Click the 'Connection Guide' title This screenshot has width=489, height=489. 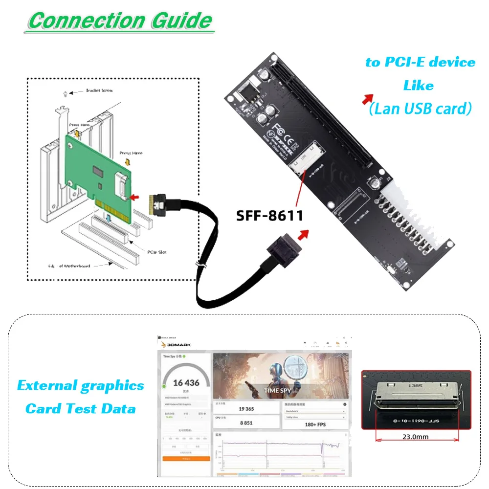coord(120,21)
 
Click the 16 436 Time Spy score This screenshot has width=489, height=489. coord(186,383)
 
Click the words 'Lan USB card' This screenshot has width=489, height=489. coord(421,108)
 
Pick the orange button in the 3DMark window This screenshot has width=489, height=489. coord(186,459)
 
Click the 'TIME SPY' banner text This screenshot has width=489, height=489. coord(278,391)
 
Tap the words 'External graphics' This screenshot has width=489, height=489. coord(81,386)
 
